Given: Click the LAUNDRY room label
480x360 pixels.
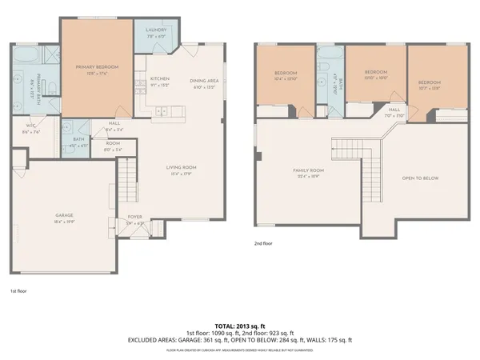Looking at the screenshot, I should tap(155, 30).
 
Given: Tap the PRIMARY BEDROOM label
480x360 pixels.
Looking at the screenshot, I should tap(97, 67).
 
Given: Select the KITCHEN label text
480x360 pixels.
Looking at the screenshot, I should tap(160, 78).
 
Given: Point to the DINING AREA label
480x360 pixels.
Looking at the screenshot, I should tap(204, 81).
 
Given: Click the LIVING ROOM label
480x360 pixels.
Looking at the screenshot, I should tap(182, 166).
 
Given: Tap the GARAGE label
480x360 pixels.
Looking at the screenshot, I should tap(65, 216).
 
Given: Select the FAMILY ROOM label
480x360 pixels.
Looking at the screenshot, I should tap(307, 170).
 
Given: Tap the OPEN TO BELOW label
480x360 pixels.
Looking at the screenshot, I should tap(420, 178).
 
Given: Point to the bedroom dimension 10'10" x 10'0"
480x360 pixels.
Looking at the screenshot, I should tap(376, 78).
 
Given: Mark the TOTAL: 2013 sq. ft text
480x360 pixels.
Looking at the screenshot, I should tap(239, 326).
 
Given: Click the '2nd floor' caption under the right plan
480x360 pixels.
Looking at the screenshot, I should tap(262, 243).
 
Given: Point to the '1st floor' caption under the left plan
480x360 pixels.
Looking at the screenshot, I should tap(18, 291).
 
